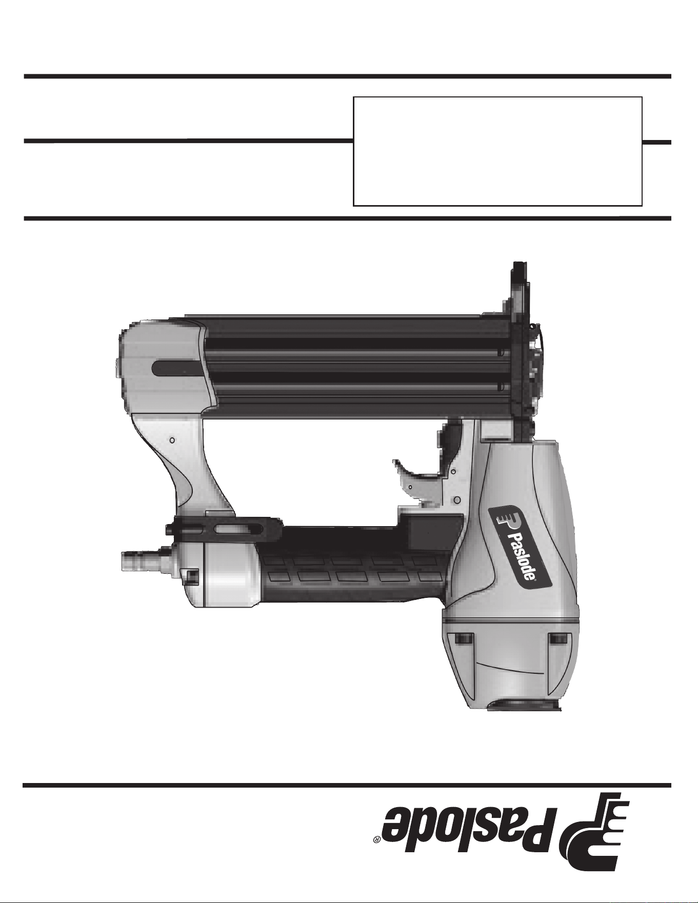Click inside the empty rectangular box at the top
[x=497, y=151]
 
